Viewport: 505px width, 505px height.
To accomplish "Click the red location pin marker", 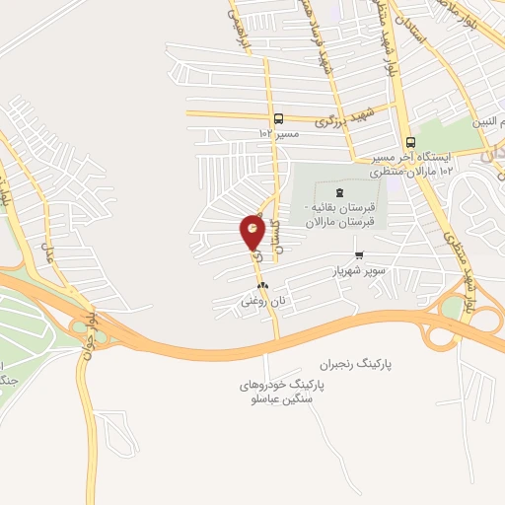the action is pos(252,234).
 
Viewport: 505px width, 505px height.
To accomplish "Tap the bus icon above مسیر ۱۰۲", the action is pos(279,117).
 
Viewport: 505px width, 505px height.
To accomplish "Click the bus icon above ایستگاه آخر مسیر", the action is pos(409,140).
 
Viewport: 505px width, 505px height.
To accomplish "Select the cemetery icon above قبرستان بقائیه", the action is pos(340,191).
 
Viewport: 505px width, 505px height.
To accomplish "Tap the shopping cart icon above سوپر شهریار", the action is pos(358,254).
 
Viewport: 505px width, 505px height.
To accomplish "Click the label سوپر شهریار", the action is pos(355,269).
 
